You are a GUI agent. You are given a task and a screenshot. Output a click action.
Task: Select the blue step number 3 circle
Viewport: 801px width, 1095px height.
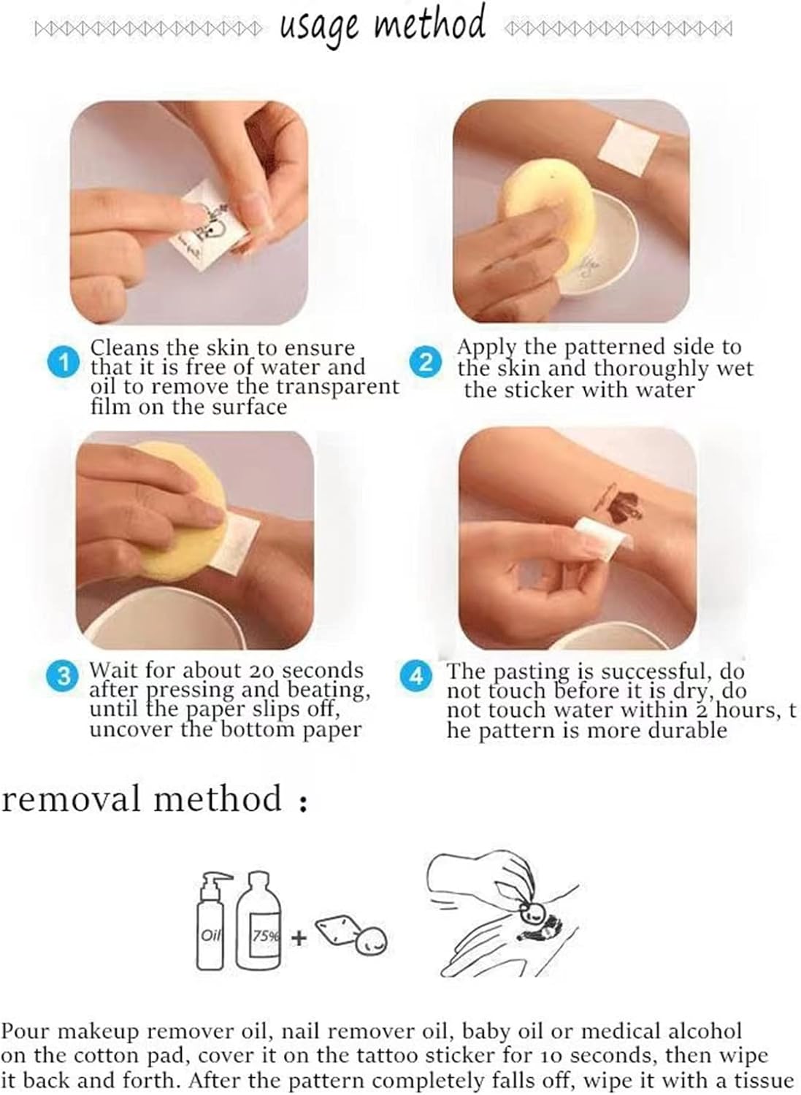[63, 677]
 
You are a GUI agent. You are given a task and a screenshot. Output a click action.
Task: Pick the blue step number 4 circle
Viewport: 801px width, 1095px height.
[415, 677]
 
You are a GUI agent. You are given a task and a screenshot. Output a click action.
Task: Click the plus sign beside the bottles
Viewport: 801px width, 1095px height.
[299, 937]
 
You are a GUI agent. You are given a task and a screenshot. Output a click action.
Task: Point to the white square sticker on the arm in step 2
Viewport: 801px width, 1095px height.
[630, 145]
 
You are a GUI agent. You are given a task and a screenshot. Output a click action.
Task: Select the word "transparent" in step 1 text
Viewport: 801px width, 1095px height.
[338, 387]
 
